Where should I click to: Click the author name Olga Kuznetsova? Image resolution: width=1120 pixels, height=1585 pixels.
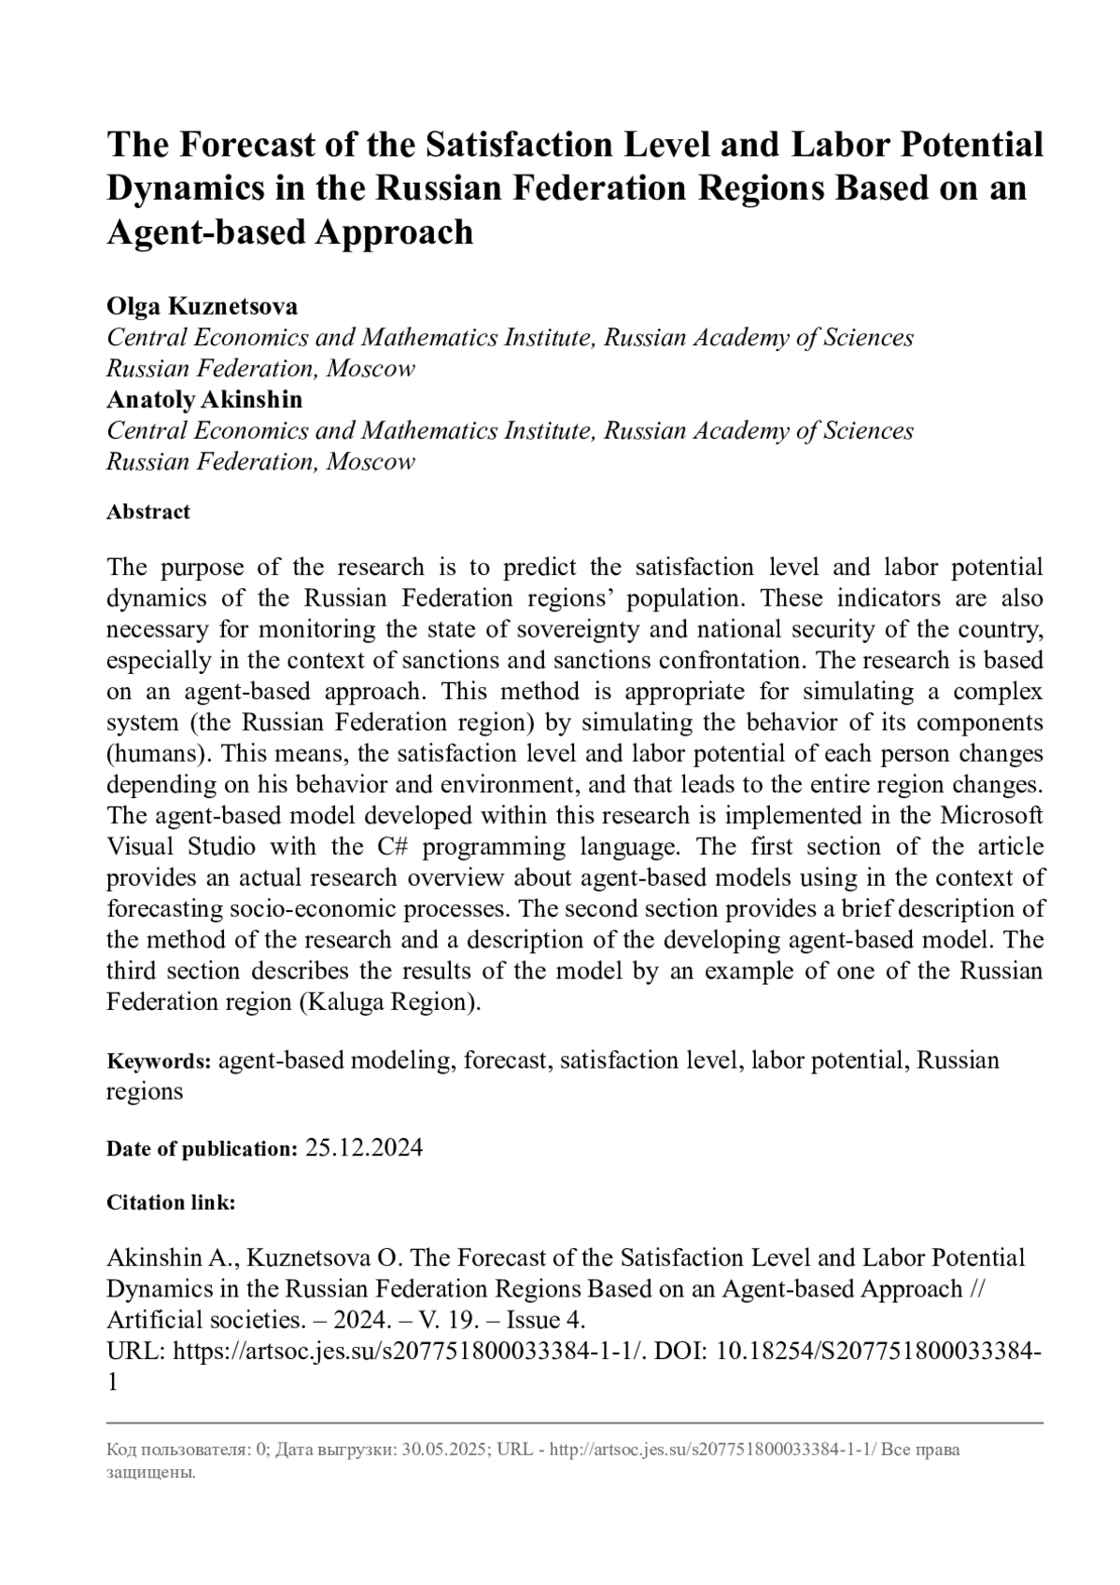[203, 307]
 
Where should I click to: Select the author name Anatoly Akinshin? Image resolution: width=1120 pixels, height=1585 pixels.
[204, 400]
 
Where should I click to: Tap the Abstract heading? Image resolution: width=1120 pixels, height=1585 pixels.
[148, 512]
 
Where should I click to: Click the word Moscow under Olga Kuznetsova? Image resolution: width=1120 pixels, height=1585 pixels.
[371, 369]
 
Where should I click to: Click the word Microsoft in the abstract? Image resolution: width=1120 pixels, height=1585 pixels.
[990, 815]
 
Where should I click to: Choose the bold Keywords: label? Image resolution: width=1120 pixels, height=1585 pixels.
[160, 1061]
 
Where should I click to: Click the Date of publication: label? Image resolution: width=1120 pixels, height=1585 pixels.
[202, 1149]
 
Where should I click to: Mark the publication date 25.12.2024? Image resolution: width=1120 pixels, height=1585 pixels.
[364, 1148]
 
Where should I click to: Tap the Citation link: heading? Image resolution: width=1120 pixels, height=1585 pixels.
[171, 1202]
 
